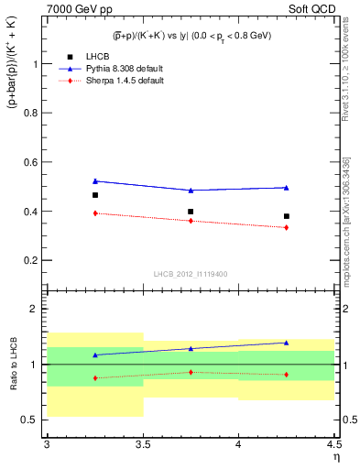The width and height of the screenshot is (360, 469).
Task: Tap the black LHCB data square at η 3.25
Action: pyautogui.click(x=94, y=195)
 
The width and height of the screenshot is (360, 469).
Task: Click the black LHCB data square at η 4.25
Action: pyautogui.click(x=287, y=216)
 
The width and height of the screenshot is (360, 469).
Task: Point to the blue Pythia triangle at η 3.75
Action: pyautogui.click(x=191, y=191)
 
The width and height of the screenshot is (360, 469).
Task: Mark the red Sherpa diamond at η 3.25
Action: pyautogui.click(x=94, y=213)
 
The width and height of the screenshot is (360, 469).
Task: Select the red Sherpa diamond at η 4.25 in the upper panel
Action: pyautogui.click(x=287, y=227)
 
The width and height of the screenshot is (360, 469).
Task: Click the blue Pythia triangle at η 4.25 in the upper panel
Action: pyautogui.click(x=287, y=187)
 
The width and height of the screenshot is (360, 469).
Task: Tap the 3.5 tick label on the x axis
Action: pyautogui.click(x=142, y=443)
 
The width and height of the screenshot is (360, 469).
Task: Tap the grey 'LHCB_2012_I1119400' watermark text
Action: pyautogui.click(x=190, y=273)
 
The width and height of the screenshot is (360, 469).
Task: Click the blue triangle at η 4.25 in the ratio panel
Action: pyautogui.click(x=287, y=343)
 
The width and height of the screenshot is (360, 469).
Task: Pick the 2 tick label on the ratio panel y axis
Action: pyautogui.click(x=37, y=309)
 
